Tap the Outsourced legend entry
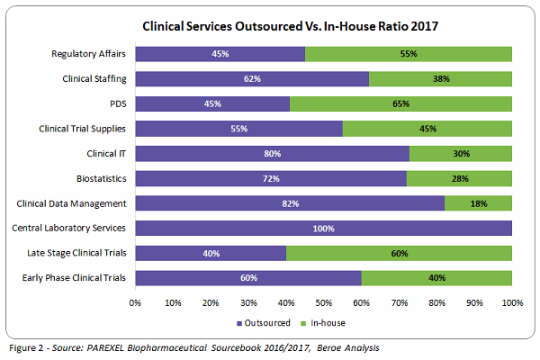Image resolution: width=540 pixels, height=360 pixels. pos(263,321)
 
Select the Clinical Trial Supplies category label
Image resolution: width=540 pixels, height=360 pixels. pos(82,129)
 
